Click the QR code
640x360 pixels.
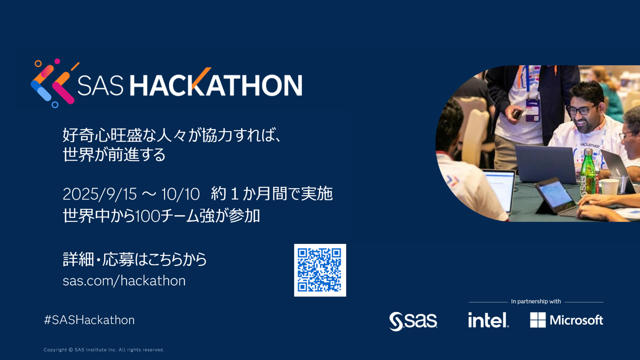pos(320,270)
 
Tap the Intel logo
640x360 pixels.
pos(488,319)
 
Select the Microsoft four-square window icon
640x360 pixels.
pos(537,319)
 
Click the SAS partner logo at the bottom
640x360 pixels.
pos(413,321)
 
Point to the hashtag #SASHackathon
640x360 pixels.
pos(89,320)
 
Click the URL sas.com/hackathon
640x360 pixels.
pos(124,280)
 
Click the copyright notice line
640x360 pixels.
pos(104,349)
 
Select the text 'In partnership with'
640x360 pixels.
pos(536,301)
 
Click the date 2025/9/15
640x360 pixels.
pos(99,194)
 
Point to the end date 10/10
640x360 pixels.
pos(180,194)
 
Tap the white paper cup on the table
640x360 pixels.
pos(609,186)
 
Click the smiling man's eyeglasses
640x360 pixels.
pos(581,109)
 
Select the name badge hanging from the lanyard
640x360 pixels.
pos(532,110)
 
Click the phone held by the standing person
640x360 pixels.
pos(517,114)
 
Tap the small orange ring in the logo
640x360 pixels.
pos(38,63)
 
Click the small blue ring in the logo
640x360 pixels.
pos(55,104)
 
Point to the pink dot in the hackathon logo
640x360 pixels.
pos(57,61)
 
